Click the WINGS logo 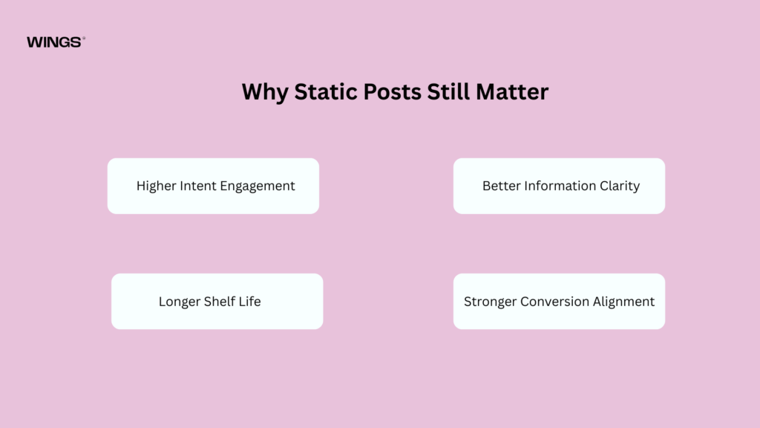tap(56, 42)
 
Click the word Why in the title tap(265, 92)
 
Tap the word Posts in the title tap(392, 91)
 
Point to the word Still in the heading tap(448, 91)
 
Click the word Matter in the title tap(512, 91)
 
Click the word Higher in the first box tap(156, 186)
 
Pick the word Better tap(502, 186)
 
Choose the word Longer tap(180, 302)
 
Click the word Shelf tap(220, 302)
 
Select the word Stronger tap(490, 302)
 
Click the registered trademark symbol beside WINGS tap(84, 38)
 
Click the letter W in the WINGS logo tap(34, 42)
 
